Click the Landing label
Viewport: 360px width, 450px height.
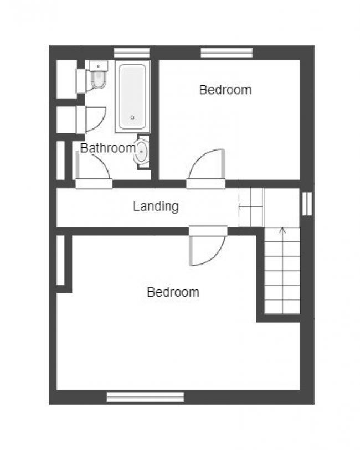click(x=156, y=206)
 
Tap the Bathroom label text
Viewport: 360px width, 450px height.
click(x=108, y=148)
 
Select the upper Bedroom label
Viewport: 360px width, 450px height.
click(x=225, y=90)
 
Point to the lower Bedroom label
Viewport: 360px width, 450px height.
click(x=173, y=292)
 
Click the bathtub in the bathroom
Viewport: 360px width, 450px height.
click(x=132, y=97)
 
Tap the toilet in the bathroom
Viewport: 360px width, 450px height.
click(x=98, y=75)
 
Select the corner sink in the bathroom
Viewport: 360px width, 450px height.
click(x=141, y=152)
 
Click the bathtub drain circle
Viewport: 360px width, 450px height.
click(x=132, y=117)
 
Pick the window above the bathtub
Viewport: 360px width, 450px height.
click(x=132, y=53)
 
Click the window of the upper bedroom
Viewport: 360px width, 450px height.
click(x=227, y=53)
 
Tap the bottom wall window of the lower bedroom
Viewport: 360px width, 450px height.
click(x=145, y=397)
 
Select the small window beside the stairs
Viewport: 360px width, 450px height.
click(x=307, y=204)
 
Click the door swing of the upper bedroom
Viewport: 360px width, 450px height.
click(x=206, y=164)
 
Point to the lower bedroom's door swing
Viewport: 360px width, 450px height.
click(x=207, y=250)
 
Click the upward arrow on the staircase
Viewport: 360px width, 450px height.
click(x=283, y=270)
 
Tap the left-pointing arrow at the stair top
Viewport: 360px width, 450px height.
click(x=251, y=206)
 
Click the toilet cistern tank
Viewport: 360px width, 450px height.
click(x=98, y=66)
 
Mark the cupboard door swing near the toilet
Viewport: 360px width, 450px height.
click(x=96, y=120)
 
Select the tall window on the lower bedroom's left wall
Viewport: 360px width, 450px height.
click(x=60, y=260)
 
